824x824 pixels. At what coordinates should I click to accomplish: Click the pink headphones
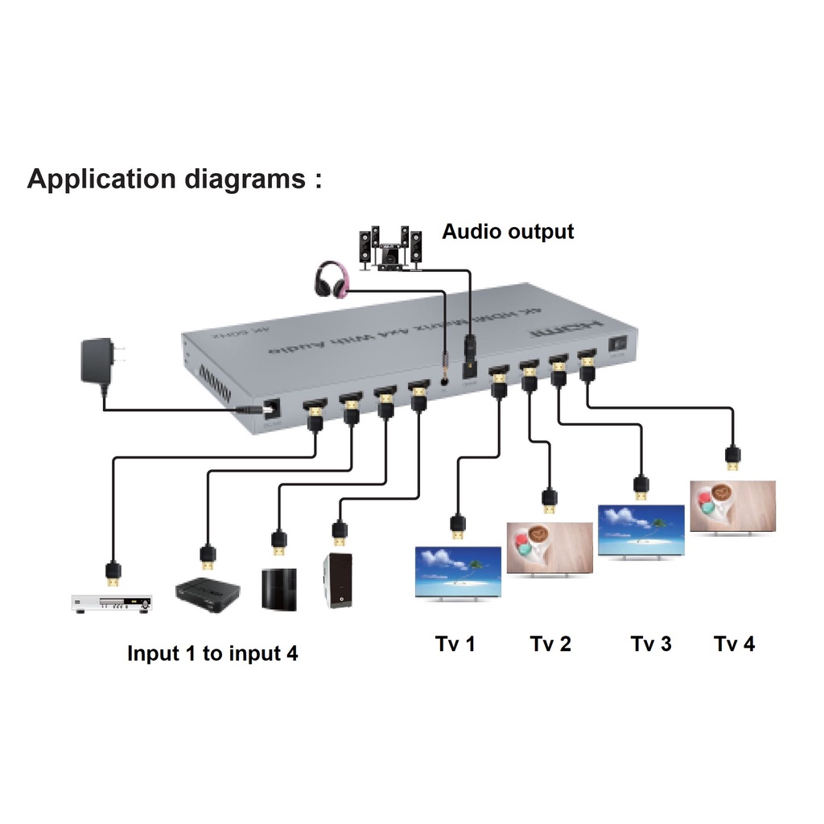click(x=332, y=278)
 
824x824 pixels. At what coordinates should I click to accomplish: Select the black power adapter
click(x=99, y=362)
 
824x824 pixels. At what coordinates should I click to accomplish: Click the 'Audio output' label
click(x=508, y=232)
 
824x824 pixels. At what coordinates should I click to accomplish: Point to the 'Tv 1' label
click(x=455, y=644)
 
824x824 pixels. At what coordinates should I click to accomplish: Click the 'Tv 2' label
click(x=550, y=644)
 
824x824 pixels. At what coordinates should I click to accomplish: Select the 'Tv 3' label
click(x=651, y=644)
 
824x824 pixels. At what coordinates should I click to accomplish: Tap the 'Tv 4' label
click(x=735, y=644)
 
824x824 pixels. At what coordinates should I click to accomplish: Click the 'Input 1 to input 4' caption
click(x=212, y=653)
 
